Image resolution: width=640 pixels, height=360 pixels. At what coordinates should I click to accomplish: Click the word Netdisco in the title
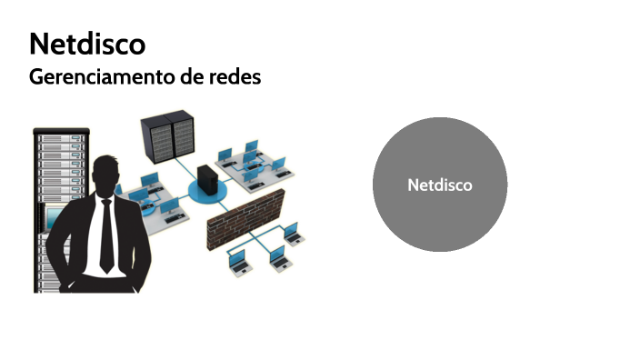coord(87,43)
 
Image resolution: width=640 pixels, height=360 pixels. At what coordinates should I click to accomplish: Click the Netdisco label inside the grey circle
coord(440,185)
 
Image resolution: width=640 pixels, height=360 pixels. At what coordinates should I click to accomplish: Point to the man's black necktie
coord(106,235)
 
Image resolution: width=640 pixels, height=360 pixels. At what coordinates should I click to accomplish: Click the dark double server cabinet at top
coord(171,136)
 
